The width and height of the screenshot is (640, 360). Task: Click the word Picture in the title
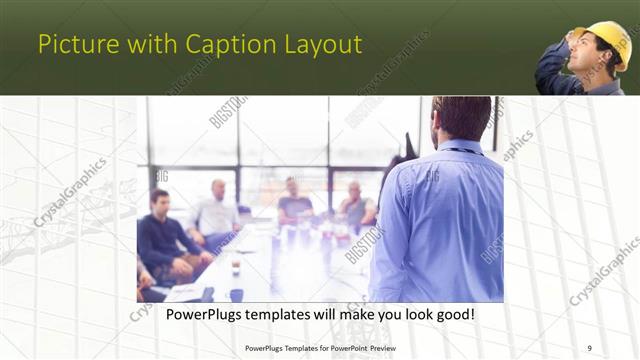[72, 44]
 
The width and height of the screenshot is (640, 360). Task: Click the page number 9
[589, 348]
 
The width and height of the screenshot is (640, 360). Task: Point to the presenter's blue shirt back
[450, 220]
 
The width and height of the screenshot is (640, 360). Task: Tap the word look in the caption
[413, 314]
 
